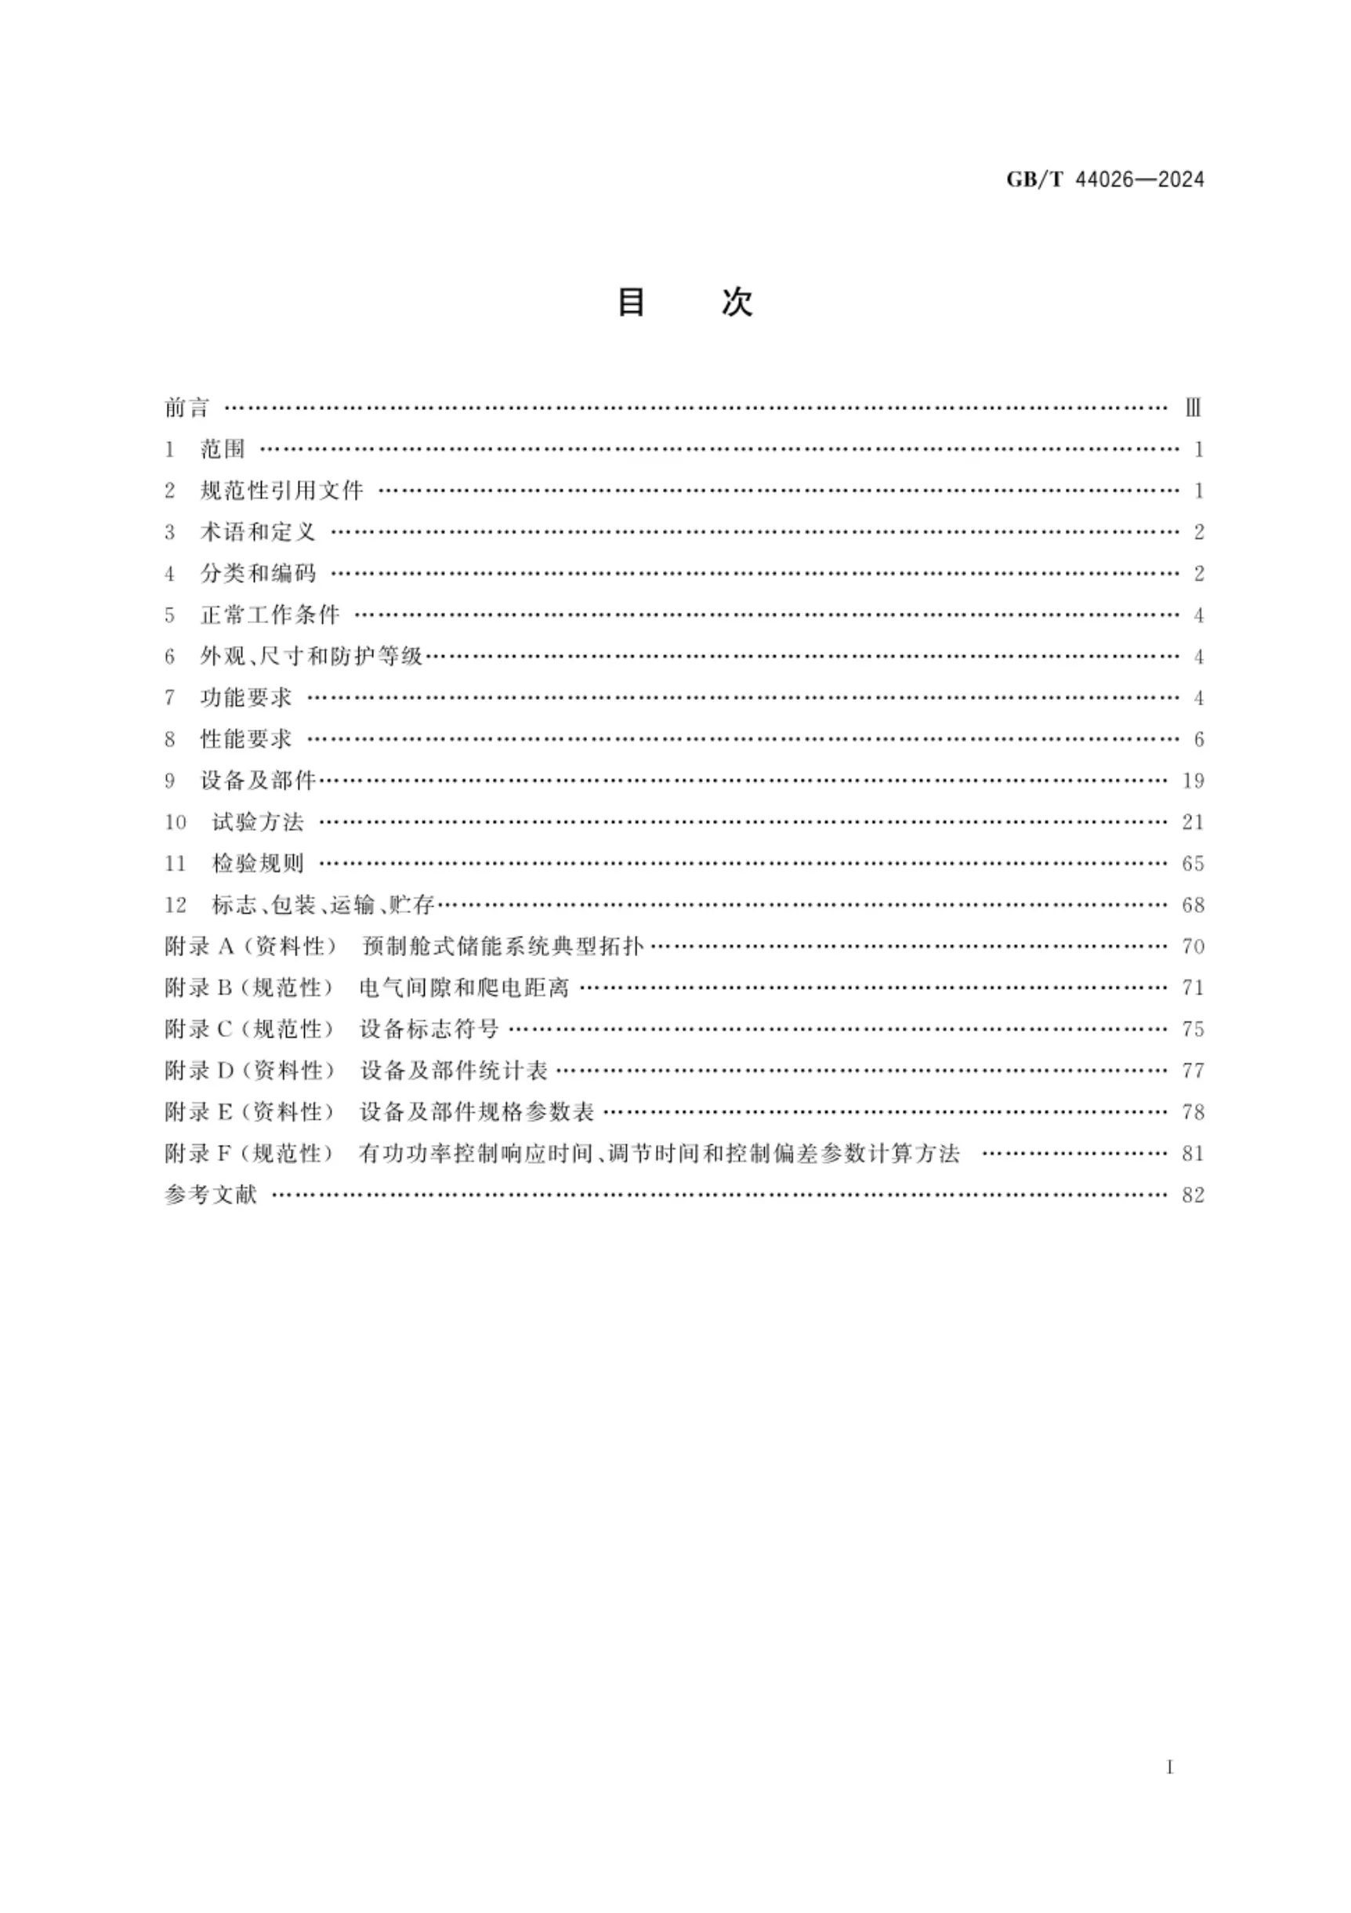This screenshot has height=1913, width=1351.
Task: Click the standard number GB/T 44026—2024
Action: tap(1104, 179)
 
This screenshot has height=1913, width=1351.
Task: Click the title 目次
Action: tap(685, 302)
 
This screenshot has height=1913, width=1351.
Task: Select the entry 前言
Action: tap(187, 408)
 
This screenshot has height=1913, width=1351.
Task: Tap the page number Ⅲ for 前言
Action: tap(1193, 408)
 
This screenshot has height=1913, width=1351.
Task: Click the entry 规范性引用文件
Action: tap(281, 491)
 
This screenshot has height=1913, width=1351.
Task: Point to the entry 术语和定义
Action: tap(257, 531)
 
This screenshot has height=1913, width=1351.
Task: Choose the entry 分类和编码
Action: tap(257, 573)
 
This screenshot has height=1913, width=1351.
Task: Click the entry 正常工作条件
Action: tap(270, 615)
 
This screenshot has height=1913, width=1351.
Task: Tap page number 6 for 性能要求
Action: tap(1198, 739)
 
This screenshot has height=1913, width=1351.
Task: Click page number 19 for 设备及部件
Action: tap(1193, 781)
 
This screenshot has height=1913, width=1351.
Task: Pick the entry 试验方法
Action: tap(257, 822)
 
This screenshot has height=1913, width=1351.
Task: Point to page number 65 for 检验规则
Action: tap(1193, 863)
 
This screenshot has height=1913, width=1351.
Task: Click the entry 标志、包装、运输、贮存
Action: tap(323, 905)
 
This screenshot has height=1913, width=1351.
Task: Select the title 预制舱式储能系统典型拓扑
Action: tap(502, 947)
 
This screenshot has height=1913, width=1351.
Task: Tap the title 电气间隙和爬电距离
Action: tap(464, 987)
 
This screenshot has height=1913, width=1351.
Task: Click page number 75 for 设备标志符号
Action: tap(1193, 1029)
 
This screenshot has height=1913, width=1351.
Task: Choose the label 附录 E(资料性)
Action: tap(249, 1111)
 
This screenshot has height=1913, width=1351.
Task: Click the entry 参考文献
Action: tap(211, 1195)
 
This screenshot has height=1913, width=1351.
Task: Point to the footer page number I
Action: tap(1170, 1767)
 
